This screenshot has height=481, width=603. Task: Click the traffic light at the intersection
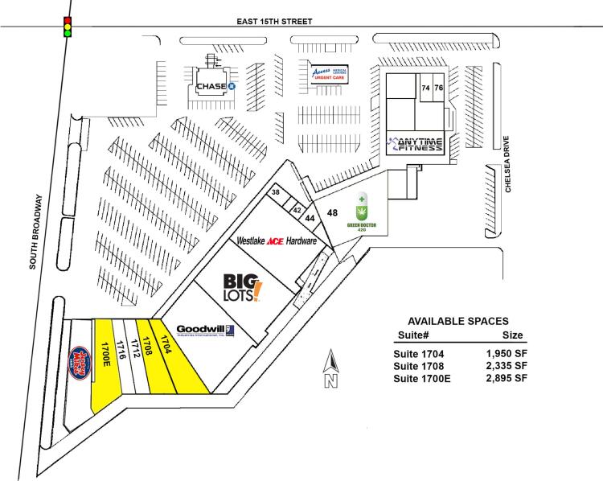[68, 26]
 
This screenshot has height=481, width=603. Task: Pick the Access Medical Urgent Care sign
[330, 74]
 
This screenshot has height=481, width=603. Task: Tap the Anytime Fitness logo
[416, 145]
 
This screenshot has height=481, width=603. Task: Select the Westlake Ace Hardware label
[275, 240]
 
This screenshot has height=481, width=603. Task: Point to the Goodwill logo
[204, 331]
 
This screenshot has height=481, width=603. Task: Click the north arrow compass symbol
[329, 372]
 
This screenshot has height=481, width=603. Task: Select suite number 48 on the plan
[331, 212]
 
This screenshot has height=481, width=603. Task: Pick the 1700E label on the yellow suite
[105, 355]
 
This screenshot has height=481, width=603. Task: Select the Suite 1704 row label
[420, 353]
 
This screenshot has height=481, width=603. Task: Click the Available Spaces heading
[457, 320]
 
